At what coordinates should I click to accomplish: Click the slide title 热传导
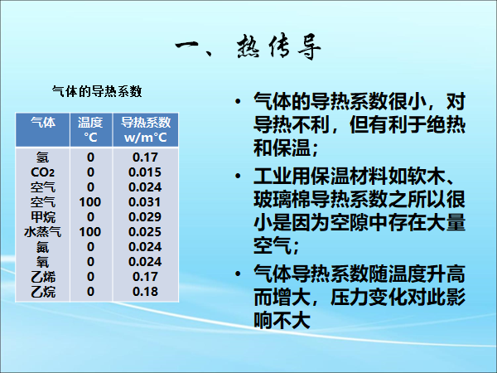[x=279, y=47]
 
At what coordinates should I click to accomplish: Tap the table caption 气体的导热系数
[x=97, y=92]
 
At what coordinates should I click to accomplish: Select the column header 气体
[x=43, y=123]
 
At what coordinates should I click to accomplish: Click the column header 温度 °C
[x=90, y=130]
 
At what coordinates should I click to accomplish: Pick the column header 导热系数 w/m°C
[x=146, y=130]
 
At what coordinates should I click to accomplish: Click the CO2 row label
[x=42, y=172]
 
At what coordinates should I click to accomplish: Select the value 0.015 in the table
[x=145, y=172]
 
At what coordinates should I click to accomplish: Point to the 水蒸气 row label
[x=42, y=232]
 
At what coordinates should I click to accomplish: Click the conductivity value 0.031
[x=144, y=202]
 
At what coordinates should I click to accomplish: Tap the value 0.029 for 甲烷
[x=145, y=217]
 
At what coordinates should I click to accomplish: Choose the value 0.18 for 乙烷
[x=145, y=292]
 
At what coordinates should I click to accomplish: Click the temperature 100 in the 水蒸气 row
[x=90, y=232]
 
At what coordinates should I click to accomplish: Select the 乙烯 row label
[x=43, y=277]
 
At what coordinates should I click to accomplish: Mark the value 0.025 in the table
[x=145, y=232]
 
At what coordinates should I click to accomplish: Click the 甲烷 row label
[x=43, y=217]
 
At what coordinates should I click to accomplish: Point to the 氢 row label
[x=42, y=157]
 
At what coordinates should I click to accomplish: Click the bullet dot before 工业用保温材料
[x=238, y=176]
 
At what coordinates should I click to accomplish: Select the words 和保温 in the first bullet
[x=282, y=148]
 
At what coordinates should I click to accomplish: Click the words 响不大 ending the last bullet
[x=282, y=321]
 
